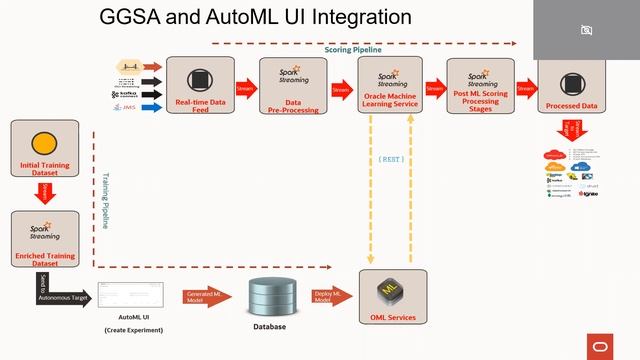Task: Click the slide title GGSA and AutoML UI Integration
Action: [255, 18]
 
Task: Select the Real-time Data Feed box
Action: [199, 84]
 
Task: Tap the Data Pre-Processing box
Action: [293, 84]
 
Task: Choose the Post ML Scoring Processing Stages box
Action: [480, 84]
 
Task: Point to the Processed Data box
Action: [573, 84]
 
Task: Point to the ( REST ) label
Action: [392, 159]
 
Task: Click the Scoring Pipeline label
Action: [352, 49]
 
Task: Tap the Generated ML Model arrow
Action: [204, 296]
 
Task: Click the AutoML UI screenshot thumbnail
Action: [133, 296]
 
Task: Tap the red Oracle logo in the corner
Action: [600, 345]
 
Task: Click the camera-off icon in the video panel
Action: [587, 30]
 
